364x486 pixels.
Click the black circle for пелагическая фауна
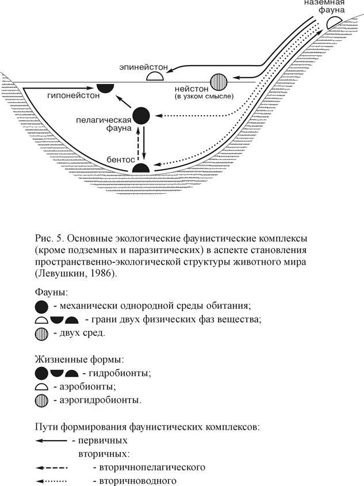click(142, 115)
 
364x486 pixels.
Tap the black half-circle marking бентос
click(141, 168)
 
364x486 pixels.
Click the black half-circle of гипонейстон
click(105, 87)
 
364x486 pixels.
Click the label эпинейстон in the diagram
click(143, 68)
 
